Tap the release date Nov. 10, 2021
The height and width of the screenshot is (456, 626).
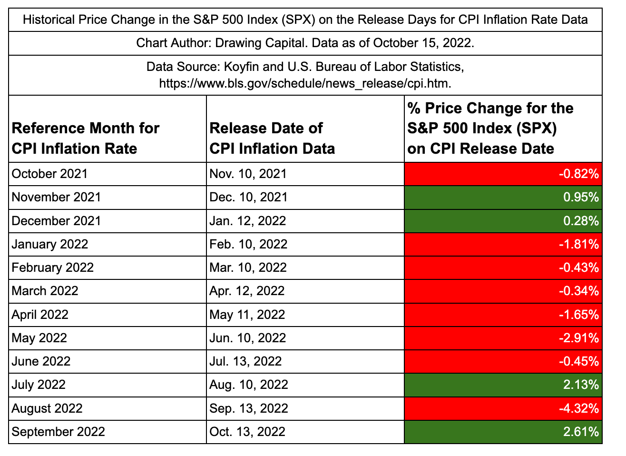coord(248,174)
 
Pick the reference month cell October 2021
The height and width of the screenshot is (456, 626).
coord(49,174)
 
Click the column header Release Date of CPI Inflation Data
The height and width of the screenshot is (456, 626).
coord(272,138)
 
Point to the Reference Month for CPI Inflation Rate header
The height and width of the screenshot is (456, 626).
coord(86,138)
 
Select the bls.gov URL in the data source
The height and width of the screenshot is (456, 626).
coord(305,83)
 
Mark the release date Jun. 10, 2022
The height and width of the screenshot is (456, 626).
coord(247,338)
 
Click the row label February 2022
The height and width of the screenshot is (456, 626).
coord(52,268)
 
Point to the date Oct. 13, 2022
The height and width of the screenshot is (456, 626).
coord(247,432)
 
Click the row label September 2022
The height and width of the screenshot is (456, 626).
coord(58,432)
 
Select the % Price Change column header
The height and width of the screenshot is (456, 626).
coord(490,129)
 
